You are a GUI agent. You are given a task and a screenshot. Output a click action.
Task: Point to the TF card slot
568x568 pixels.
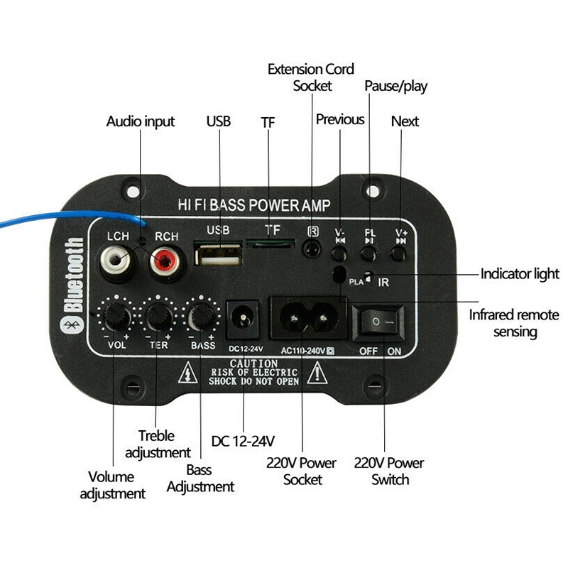tap(271, 244)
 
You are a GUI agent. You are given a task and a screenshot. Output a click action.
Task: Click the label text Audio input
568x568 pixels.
tap(140, 121)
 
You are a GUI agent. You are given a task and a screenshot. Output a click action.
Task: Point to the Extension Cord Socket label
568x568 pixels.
tap(311, 77)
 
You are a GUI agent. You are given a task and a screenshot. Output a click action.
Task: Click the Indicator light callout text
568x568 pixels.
tap(520, 274)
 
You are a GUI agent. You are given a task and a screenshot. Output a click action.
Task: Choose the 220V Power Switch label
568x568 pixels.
tap(389, 471)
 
